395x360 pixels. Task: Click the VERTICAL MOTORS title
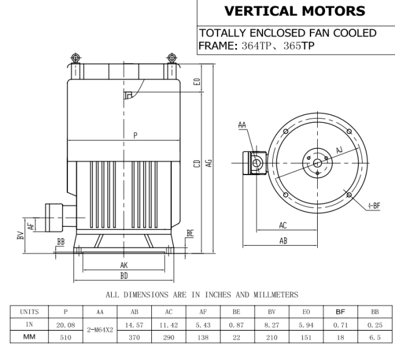tap(295, 12)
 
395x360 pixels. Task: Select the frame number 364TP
tap(256, 46)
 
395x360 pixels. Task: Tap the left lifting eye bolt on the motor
tap(75, 58)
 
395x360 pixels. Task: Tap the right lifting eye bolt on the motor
tap(171, 58)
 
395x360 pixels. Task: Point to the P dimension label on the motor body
tap(136, 136)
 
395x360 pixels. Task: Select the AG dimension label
tap(209, 163)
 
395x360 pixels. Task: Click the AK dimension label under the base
tap(124, 265)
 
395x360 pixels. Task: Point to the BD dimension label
tap(124, 276)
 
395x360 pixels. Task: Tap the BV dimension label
tap(21, 235)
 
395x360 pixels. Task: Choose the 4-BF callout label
tap(374, 206)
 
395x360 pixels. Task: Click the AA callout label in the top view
tap(242, 125)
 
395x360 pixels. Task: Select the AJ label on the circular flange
tap(340, 150)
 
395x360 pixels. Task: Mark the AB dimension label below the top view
tap(283, 241)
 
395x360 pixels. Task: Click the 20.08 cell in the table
tap(66, 325)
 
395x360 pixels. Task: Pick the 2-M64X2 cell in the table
tap(100, 330)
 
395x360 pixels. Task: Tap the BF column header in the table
tap(340, 312)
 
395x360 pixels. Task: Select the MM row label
tap(29, 337)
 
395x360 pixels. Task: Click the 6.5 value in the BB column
tap(375, 337)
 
